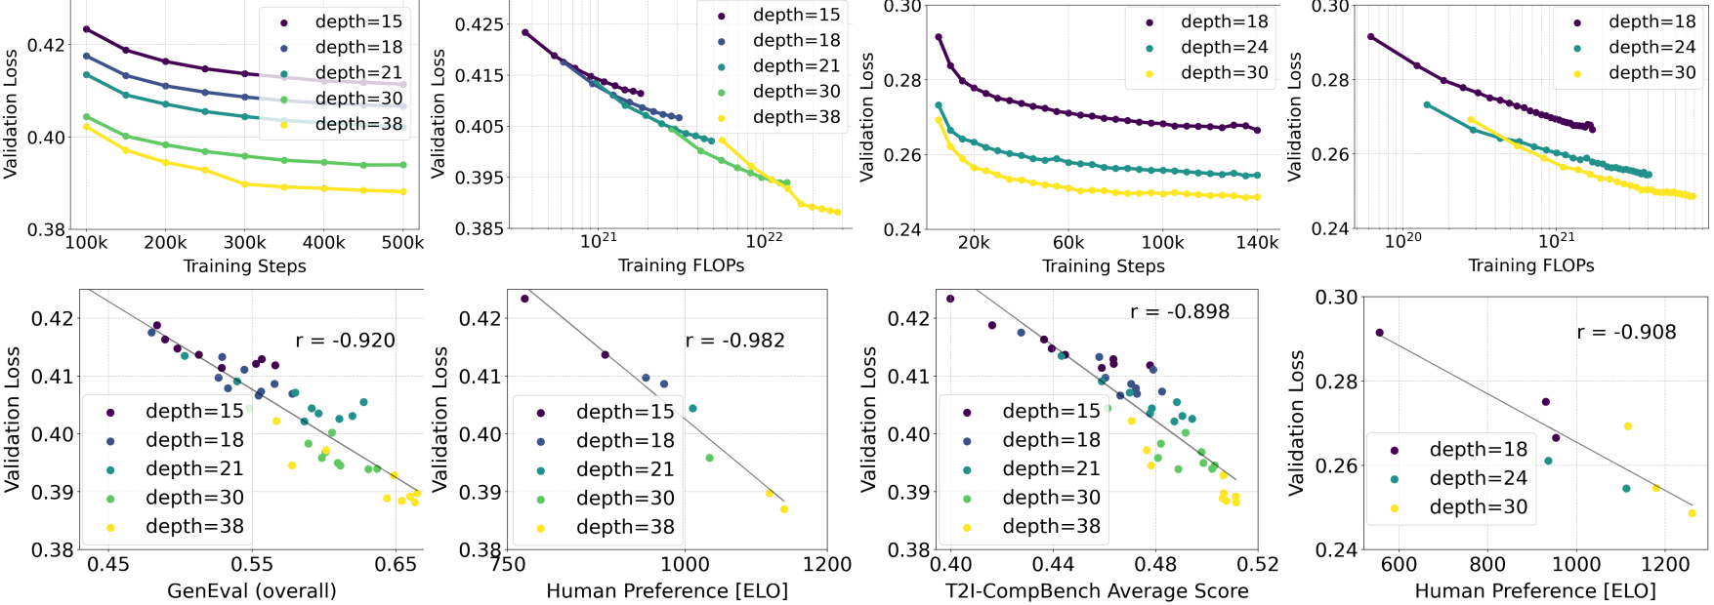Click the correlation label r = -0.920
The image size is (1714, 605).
(x=345, y=341)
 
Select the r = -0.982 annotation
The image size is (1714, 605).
(x=734, y=341)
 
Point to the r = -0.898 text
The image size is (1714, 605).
(x=1180, y=311)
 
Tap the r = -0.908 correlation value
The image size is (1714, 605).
(x=1626, y=332)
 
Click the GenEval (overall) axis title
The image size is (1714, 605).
(x=252, y=590)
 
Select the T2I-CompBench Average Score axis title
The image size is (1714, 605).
(x=1097, y=590)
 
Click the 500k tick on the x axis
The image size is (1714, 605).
(x=402, y=242)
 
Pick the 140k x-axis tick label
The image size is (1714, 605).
(x=1257, y=242)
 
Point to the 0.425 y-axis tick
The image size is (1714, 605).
(x=480, y=24)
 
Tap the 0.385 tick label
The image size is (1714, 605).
(x=480, y=228)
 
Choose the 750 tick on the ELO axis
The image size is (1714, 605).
(x=509, y=564)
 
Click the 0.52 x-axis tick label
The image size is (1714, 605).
(x=1257, y=564)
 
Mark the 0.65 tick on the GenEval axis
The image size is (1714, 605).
(x=396, y=564)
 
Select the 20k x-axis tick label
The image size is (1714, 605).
(x=973, y=242)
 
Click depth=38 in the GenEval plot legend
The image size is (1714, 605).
(x=194, y=526)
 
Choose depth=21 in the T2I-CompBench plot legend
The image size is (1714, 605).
(x=1051, y=468)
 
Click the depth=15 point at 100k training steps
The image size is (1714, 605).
(x=86, y=29)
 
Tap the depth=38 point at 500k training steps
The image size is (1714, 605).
(x=402, y=191)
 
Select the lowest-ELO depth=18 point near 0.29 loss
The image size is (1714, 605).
(x=1379, y=333)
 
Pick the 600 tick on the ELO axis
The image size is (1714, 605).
(x=1399, y=564)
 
